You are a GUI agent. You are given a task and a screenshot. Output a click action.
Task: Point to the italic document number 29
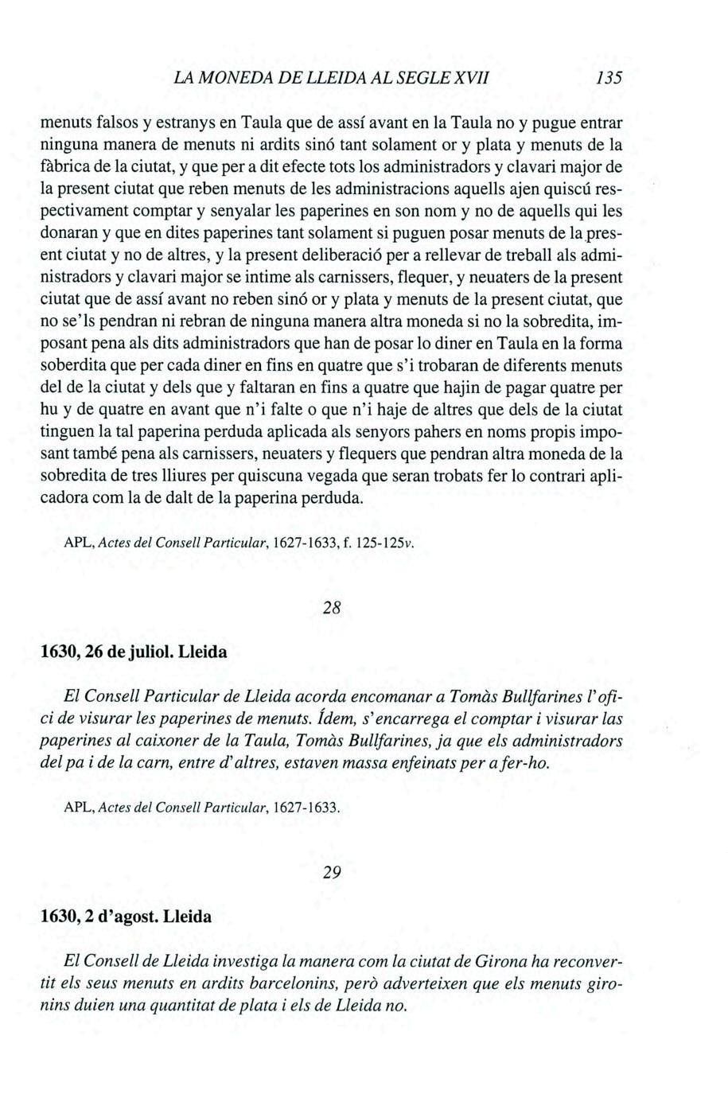pyautogui.click(x=332, y=872)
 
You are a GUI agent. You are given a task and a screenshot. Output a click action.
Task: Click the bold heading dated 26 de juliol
pyautogui.click(x=134, y=652)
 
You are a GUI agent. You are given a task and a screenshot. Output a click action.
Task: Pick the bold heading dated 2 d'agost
pyautogui.click(x=127, y=916)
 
